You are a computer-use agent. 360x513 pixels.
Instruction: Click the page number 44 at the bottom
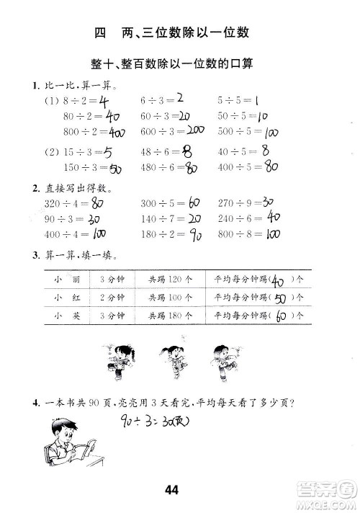pyautogui.click(x=171, y=491)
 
